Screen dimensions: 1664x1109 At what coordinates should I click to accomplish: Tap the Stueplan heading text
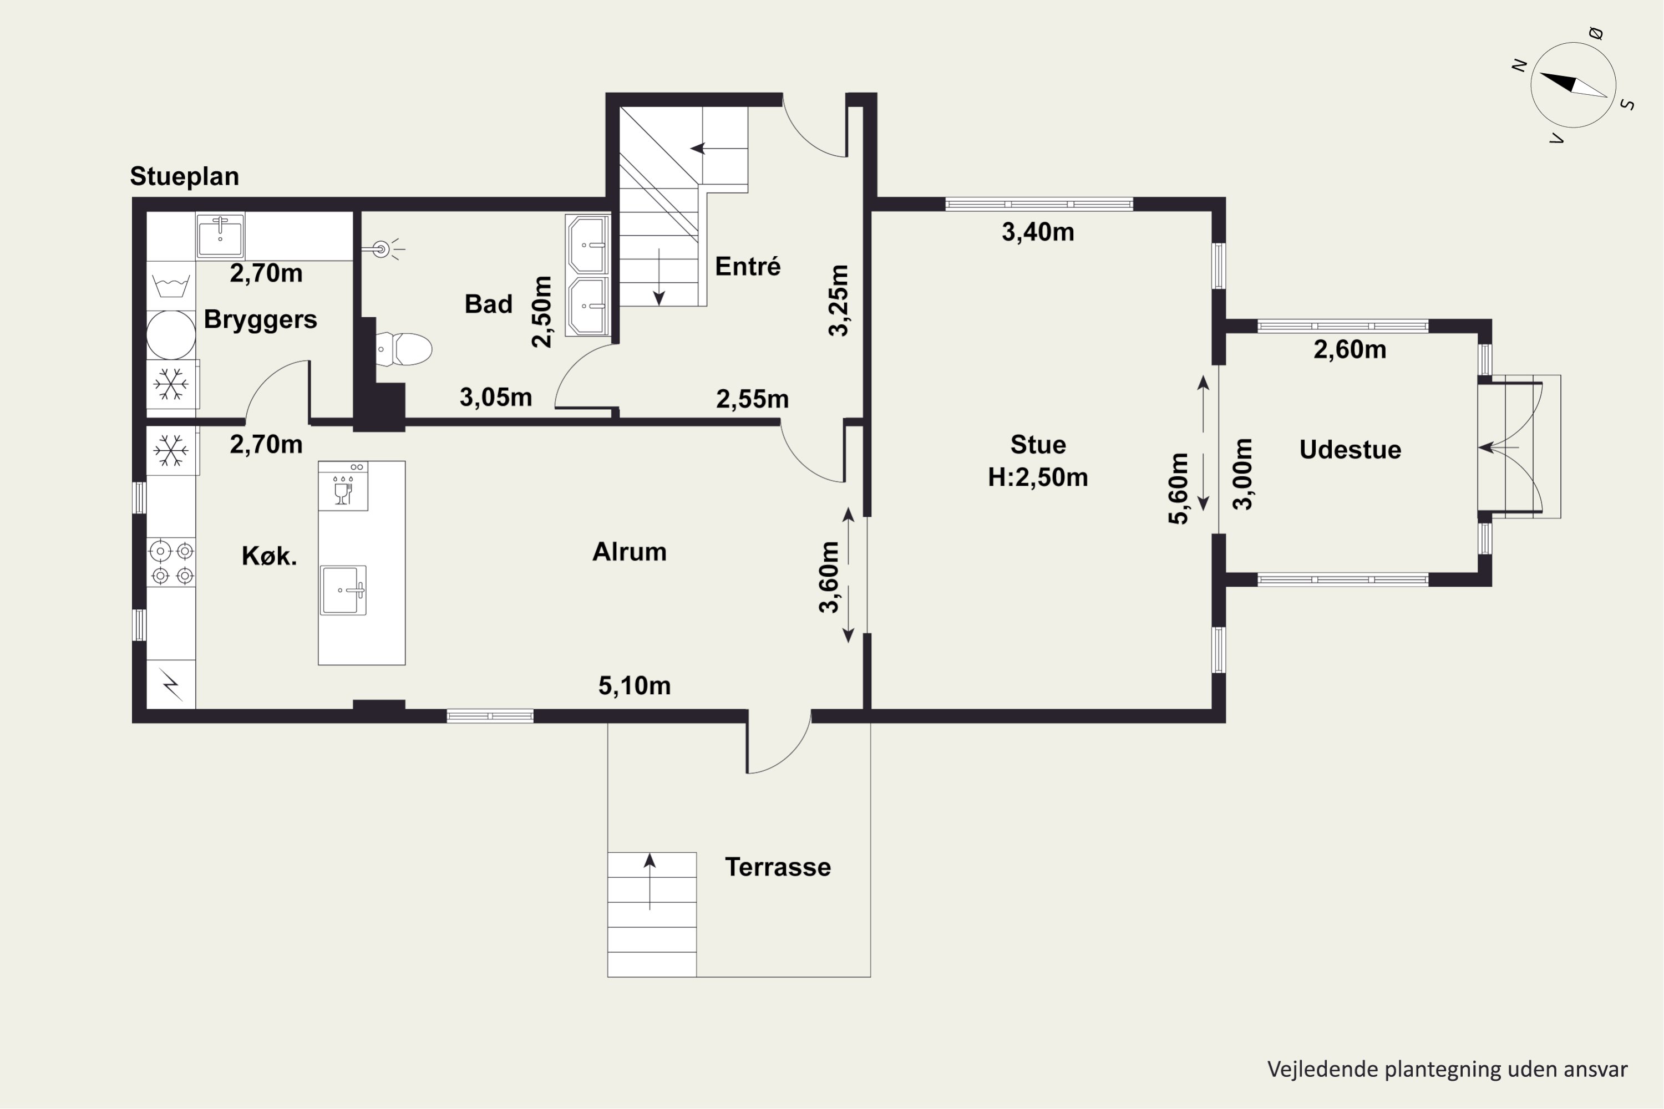pyautogui.click(x=185, y=176)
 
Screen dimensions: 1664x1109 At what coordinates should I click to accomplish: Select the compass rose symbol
pyautogui.click(x=1574, y=85)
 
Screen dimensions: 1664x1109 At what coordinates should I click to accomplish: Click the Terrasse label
pyautogui.click(x=778, y=867)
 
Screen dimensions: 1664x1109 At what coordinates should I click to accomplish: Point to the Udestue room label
pyautogui.click(x=1350, y=450)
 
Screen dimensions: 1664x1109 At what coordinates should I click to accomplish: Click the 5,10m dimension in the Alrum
pyautogui.click(x=635, y=685)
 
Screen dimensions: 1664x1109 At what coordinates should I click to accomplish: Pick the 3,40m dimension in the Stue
pyautogui.click(x=1038, y=232)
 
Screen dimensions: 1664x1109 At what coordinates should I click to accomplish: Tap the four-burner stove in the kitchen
pyautogui.click(x=171, y=562)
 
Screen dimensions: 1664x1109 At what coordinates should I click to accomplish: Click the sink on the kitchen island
pyautogui.click(x=343, y=590)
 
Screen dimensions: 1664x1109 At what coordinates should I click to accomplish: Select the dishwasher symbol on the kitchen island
pyautogui.click(x=343, y=486)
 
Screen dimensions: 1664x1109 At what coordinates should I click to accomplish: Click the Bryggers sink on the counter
pyautogui.click(x=221, y=236)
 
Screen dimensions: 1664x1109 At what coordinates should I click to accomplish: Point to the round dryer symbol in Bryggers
pyautogui.click(x=171, y=335)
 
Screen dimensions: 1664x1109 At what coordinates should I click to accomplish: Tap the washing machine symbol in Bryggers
pyautogui.click(x=171, y=286)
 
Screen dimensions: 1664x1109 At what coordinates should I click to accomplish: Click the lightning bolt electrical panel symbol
pyautogui.click(x=171, y=684)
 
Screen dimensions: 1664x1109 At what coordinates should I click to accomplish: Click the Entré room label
pyautogui.click(x=748, y=267)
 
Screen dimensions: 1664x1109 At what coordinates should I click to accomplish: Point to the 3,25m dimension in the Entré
pyautogui.click(x=838, y=301)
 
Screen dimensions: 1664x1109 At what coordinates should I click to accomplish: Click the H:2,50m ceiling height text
pyautogui.click(x=1038, y=477)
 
